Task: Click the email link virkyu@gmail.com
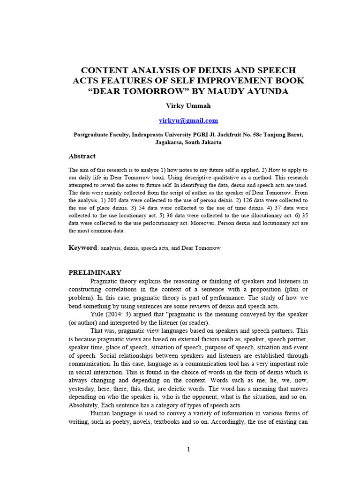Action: pos(188,120)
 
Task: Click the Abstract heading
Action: pos(82,156)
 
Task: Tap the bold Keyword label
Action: pos(82,247)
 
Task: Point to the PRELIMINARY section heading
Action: pos(95,272)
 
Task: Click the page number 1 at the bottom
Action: pos(188,450)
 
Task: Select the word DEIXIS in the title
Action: pos(203,70)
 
